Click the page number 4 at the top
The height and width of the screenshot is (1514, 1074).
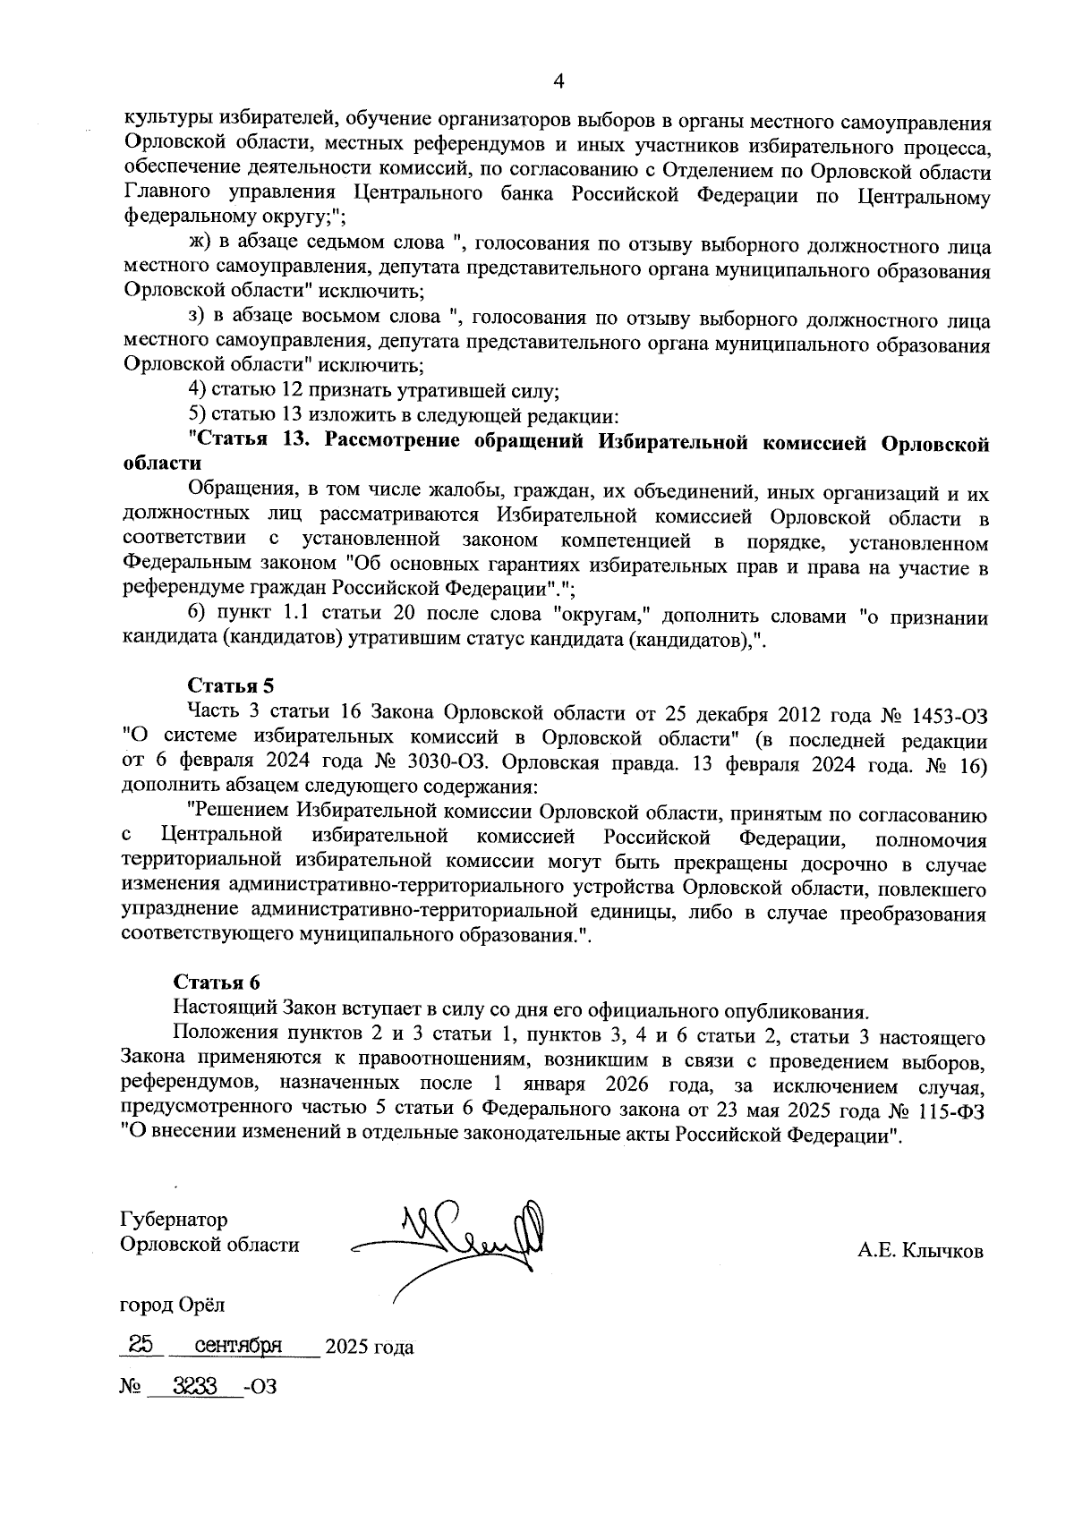[558, 81]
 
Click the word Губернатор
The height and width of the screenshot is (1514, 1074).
[174, 1220]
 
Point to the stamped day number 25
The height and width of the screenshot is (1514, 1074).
[141, 1345]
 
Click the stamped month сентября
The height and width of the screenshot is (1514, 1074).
[239, 1345]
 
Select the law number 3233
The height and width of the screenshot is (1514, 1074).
[195, 1386]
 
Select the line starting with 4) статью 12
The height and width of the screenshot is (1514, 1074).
[374, 391]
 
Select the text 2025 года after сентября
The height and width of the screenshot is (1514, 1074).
[369, 1347]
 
